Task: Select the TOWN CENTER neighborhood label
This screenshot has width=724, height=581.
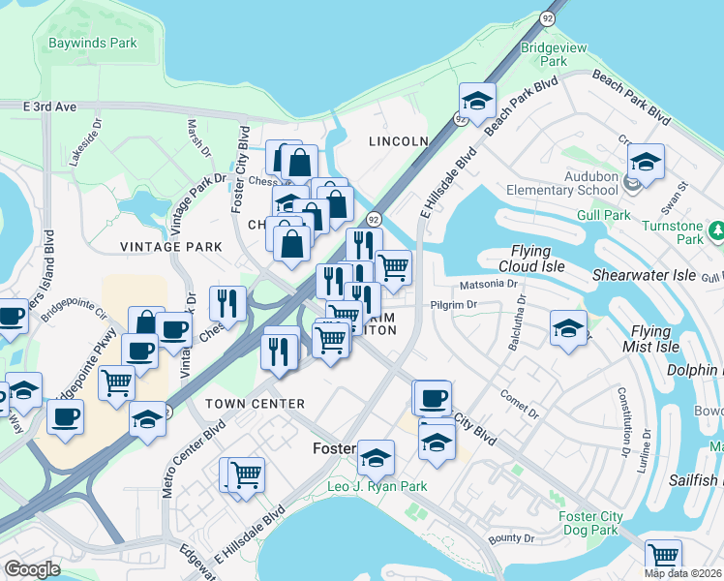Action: (256, 403)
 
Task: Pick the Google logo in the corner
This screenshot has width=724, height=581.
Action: (32, 569)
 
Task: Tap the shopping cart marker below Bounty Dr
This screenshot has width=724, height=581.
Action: (663, 556)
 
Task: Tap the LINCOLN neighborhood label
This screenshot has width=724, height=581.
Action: (398, 141)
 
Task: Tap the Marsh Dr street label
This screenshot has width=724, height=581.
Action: (198, 138)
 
